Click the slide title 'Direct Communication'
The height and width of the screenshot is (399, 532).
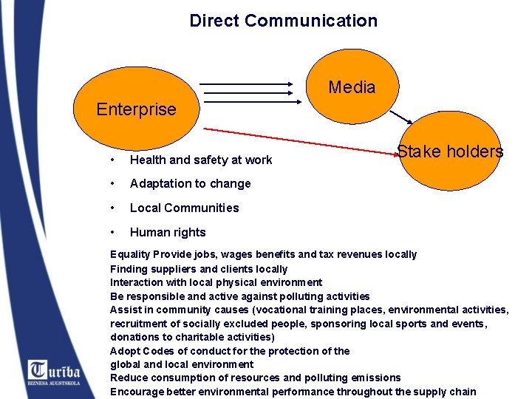coord(283,21)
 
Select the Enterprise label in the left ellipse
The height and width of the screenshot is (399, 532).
coord(137,109)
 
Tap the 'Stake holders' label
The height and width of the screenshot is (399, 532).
coord(449,152)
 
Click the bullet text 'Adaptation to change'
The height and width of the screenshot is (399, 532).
coord(191,183)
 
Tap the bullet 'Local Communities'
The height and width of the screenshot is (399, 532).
coord(185,208)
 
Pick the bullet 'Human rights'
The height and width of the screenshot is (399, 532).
coord(168,232)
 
